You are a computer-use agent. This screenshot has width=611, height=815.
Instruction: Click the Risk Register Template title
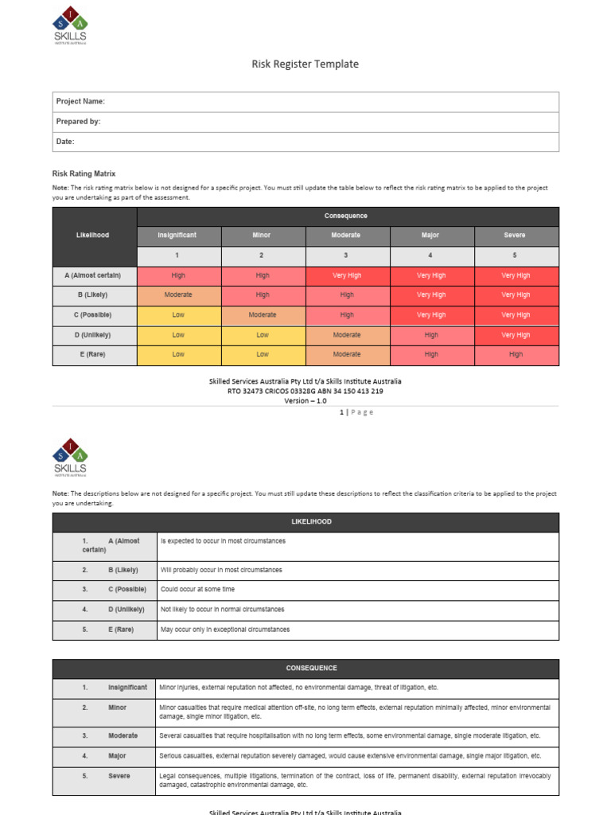tap(305, 64)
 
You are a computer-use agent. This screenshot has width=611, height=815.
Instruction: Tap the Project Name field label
tap(80, 102)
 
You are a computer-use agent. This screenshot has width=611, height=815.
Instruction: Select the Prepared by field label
tap(78, 122)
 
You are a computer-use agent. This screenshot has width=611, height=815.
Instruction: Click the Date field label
tap(65, 142)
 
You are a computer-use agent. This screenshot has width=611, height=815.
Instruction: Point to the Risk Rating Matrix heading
tap(84, 173)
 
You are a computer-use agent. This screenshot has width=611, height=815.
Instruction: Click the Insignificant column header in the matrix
tap(177, 236)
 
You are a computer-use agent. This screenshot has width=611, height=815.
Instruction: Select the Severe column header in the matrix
tap(516, 236)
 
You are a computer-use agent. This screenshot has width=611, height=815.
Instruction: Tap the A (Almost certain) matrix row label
tap(93, 275)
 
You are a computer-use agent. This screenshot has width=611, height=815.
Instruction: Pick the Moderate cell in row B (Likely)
tap(178, 294)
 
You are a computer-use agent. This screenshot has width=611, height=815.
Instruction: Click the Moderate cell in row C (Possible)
tap(263, 314)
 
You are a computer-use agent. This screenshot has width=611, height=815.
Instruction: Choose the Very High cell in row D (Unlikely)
tap(516, 335)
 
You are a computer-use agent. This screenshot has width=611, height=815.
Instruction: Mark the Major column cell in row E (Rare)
tap(431, 354)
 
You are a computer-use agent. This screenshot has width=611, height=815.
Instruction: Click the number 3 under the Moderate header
tap(346, 255)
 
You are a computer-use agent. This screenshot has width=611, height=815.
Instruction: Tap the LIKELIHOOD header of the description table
tap(305, 522)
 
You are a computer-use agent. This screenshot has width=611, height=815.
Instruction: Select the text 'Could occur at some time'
tap(198, 590)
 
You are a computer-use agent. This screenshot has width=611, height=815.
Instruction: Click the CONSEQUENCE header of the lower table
tap(305, 669)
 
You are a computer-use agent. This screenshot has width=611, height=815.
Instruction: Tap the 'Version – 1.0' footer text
tap(305, 400)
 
